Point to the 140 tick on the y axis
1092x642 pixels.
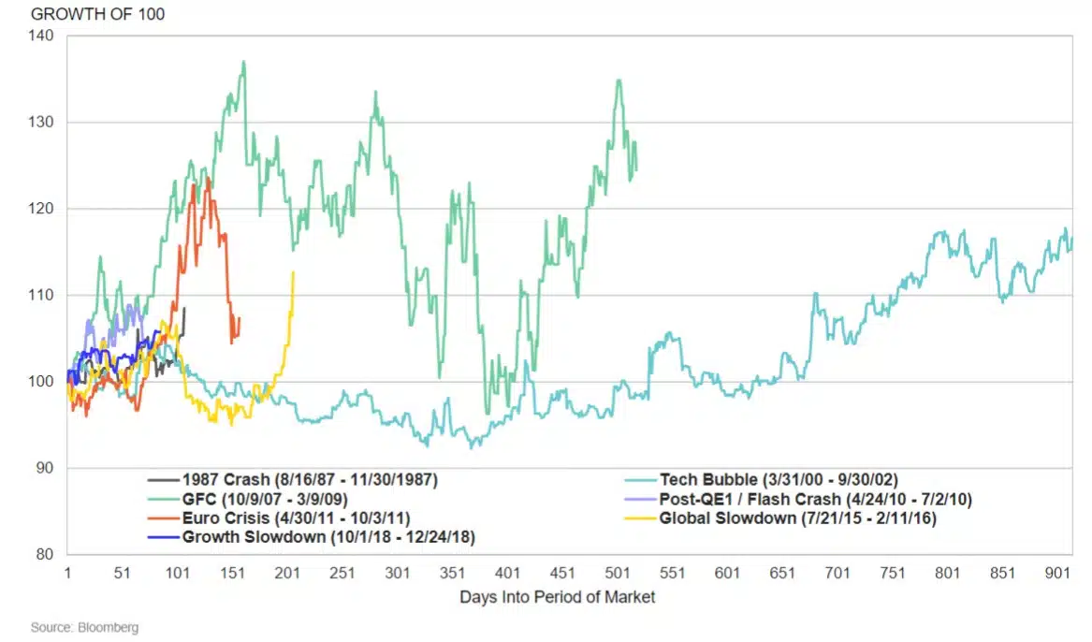44,36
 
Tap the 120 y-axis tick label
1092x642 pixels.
44,209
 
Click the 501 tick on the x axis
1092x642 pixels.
618,572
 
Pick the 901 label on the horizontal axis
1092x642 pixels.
1057,572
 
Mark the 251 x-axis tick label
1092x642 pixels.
342,572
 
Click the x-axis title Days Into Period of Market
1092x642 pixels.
558,597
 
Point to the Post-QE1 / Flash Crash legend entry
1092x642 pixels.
816,499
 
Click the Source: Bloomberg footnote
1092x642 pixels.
84,627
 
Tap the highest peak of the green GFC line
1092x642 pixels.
243,63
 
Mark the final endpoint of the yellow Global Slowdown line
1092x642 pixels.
294,272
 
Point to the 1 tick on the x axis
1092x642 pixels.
67,572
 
